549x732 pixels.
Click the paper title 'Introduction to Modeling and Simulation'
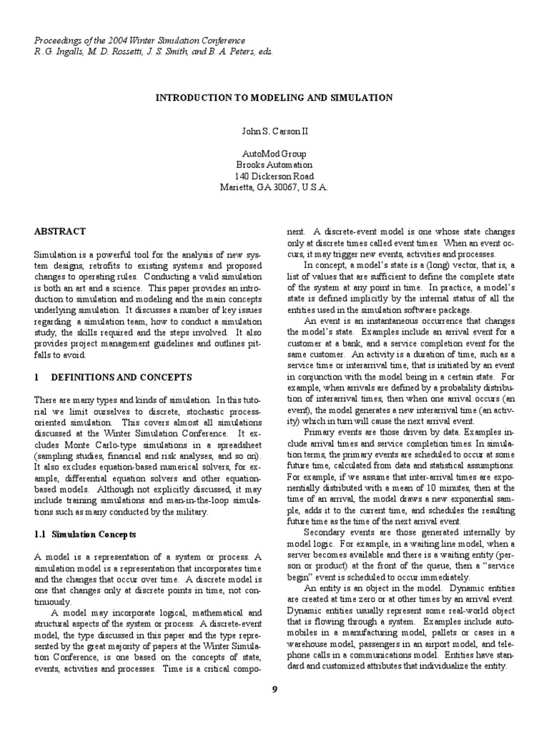[x=274, y=97]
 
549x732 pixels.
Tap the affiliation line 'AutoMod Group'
[x=274, y=154]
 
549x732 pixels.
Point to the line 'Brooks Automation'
[x=274, y=164]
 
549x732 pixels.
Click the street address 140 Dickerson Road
[x=274, y=176]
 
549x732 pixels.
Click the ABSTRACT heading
[x=60, y=232]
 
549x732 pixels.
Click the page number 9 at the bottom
[x=274, y=688]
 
